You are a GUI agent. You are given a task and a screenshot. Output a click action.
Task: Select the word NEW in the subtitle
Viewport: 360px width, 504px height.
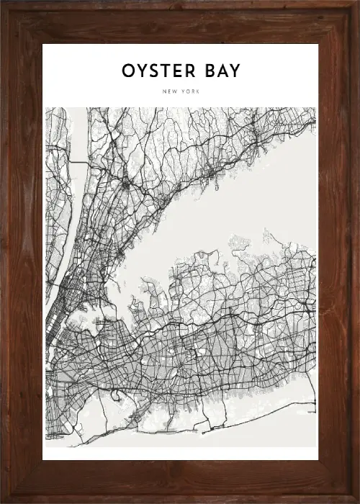coord(170,91)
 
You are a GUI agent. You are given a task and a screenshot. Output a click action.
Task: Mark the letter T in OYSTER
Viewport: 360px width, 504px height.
coord(168,71)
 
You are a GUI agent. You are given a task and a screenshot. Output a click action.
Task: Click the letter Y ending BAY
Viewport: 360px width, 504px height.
coord(235,71)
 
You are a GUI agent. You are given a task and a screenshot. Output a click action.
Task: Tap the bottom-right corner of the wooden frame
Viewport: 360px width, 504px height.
coord(357,501)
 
